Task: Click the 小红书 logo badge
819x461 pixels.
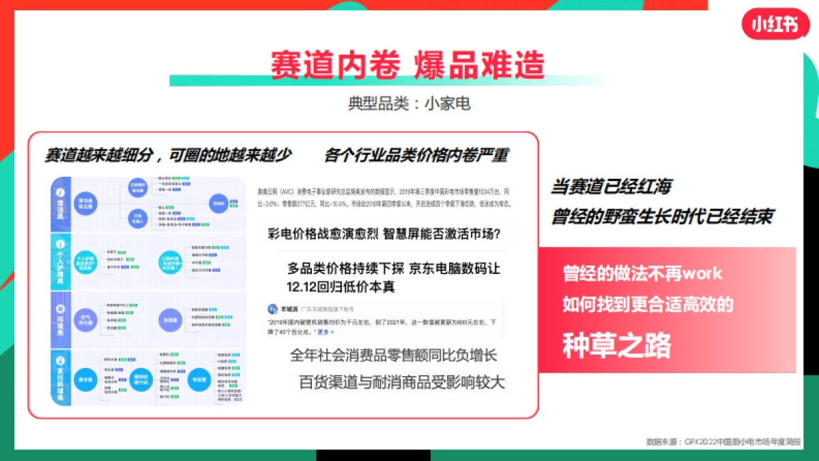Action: [770, 24]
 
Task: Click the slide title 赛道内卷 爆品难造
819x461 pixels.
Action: [407, 66]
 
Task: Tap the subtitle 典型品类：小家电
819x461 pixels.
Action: [409, 104]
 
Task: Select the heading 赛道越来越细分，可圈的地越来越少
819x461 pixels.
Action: [168, 155]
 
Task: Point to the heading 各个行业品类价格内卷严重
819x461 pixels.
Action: [416, 155]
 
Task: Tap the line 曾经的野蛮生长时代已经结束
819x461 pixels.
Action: [662, 216]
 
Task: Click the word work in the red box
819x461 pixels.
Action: [702, 274]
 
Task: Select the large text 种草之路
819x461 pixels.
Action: [617, 346]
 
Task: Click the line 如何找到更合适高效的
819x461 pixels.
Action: [648, 305]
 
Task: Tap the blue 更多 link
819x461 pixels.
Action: [326, 332]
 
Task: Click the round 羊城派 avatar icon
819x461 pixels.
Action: [272, 309]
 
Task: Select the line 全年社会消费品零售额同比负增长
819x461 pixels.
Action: [394, 355]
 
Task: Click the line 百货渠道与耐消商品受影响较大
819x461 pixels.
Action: [402, 382]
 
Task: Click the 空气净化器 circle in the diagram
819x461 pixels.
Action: [85, 319]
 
